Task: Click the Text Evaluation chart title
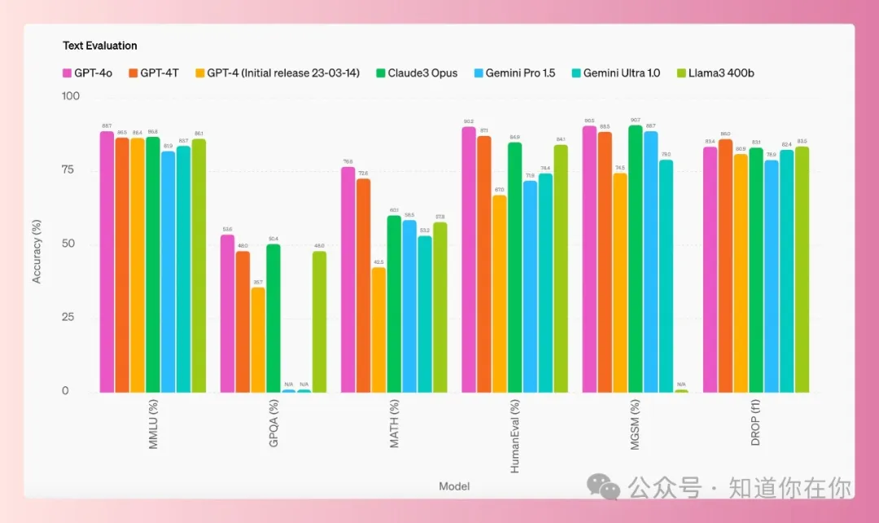tap(100, 46)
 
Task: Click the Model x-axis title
tap(454, 486)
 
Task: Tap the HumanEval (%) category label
tap(515, 435)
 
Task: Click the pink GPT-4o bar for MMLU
tap(107, 261)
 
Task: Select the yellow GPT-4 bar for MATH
tap(379, 329)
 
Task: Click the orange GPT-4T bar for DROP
tap(725, 266)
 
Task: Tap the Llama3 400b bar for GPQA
tap(319, 322)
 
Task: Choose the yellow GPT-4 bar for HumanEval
tap(500, 293)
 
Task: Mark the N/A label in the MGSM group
tap(681, 385)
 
